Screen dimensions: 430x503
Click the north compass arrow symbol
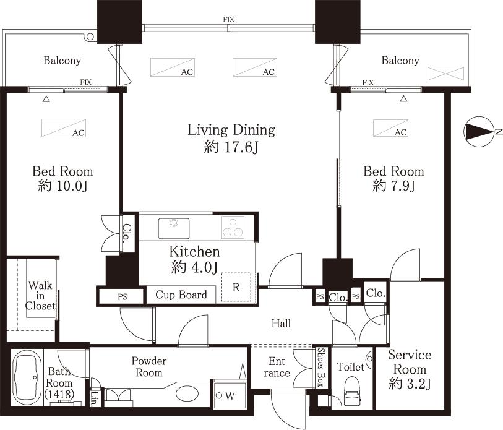coord(478,132)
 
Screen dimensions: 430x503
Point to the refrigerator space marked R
coord(236,286)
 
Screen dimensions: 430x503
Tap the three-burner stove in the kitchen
coord(234,227)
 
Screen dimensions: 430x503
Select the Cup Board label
coord(181,295)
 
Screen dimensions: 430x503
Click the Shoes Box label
coord(320,368)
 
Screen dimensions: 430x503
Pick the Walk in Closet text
coord(40,296)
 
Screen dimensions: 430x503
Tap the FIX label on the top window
coord(228,20)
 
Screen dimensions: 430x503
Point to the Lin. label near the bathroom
coord(95,395)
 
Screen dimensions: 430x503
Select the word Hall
coord(280,323)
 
